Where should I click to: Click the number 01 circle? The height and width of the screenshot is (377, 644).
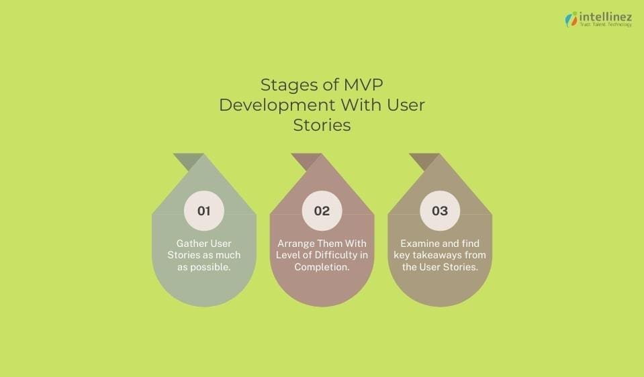[x=203, y=211]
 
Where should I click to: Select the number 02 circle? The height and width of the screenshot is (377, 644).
[x=322, y=211]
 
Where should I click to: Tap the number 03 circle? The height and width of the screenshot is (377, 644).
[x=440, y=211]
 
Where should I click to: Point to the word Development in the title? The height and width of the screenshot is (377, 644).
[x=276, y=105]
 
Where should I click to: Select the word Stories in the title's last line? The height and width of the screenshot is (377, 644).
[x=322, y=125]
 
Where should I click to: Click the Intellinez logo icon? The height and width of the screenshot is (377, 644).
[x=571, y=19]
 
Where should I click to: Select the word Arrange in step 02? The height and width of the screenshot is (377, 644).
[x=297, y=243]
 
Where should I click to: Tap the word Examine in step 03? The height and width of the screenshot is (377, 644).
[x=421, y=243]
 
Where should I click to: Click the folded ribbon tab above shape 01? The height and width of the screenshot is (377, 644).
[x=189, y=161]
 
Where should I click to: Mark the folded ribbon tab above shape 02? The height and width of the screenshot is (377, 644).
[x=307, y=161]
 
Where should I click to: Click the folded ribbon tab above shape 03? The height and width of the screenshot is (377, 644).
[x=425, y=161]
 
